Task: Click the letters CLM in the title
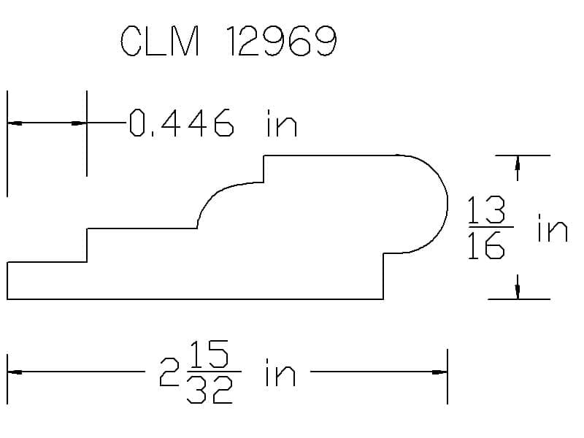(x=160, y=41)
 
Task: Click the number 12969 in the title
(x=282, y=41)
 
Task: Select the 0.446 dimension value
(x=181, y=123)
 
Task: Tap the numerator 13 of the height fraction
(x=486, y=210)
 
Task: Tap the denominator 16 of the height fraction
(x=486, y=245)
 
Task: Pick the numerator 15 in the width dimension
(x=209, y=353)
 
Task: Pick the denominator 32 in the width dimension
(x=210, y=390)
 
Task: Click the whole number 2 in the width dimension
(x=169, y=372)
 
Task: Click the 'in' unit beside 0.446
(x=282, y=123)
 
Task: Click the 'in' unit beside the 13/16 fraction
(x=553, y=228)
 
